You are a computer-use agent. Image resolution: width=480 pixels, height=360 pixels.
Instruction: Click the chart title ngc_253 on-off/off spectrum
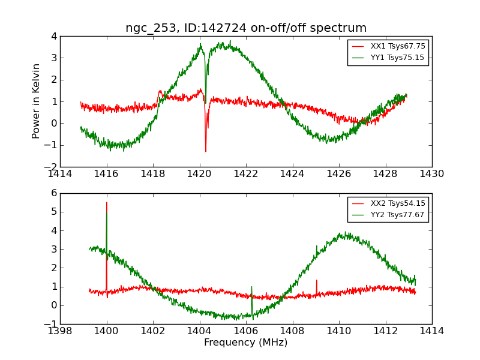coord(246,28)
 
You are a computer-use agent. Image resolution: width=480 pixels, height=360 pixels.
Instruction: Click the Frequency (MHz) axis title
coord(246,343)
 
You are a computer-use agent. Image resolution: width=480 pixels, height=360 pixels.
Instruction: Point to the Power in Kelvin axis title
coord(37,101)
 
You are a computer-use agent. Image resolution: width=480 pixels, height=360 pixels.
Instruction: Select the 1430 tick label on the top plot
coord(432,174)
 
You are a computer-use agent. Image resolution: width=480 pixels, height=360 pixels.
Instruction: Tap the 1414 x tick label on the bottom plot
coord(432,331)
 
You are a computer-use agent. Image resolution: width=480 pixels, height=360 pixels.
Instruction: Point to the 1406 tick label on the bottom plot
coord(246,331)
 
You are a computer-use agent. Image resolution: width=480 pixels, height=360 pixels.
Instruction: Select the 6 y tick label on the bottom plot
coord(54,193)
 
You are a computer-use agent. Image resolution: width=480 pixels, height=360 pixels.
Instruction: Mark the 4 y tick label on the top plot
coord(54,36)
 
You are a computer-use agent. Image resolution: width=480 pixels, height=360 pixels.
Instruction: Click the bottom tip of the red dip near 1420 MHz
coord(205,151)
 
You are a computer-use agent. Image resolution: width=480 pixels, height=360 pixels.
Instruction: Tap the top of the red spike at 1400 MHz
coord(106,203)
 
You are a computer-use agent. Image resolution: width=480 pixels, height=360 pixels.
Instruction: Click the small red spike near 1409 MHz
coord(316,280)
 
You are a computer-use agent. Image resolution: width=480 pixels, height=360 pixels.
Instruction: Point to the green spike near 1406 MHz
coord(251,287)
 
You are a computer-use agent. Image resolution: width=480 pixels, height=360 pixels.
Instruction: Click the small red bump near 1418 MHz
coord(160,91)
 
